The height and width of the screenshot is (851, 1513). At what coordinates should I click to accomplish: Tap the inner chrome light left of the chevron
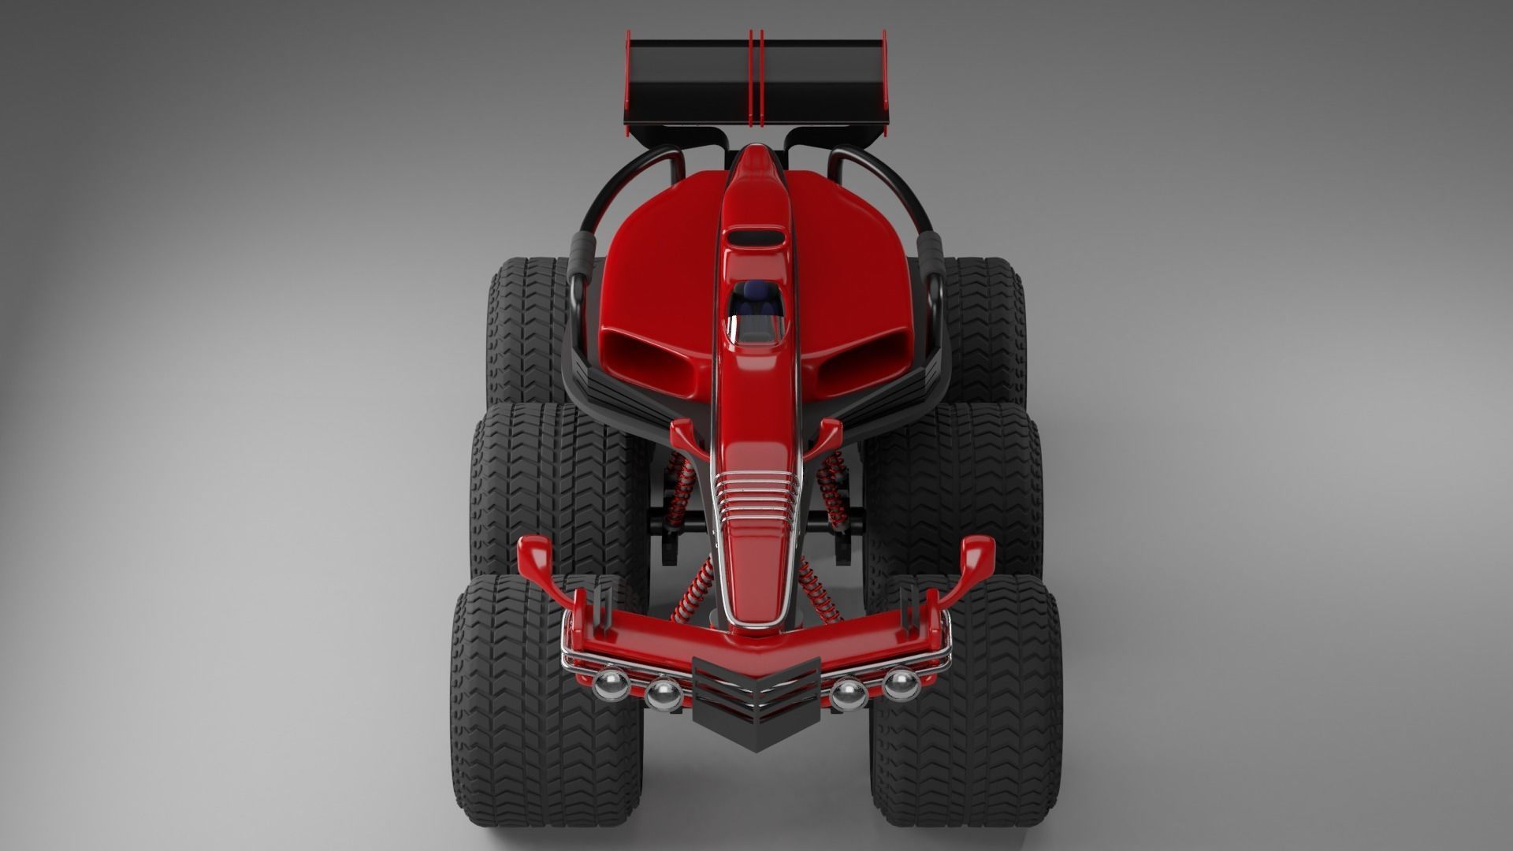coord(663,693)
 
